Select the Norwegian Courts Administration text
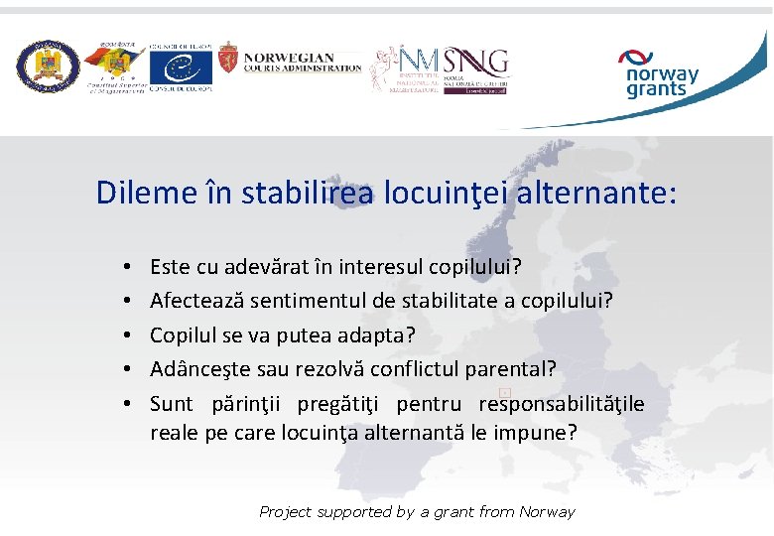tap(302, 63)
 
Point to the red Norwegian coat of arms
tap(228, 63)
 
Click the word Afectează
tap(196, 301)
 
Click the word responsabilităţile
tap(562, 404)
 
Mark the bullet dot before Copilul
tap(130, 335)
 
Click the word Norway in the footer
tap(546, 512)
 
